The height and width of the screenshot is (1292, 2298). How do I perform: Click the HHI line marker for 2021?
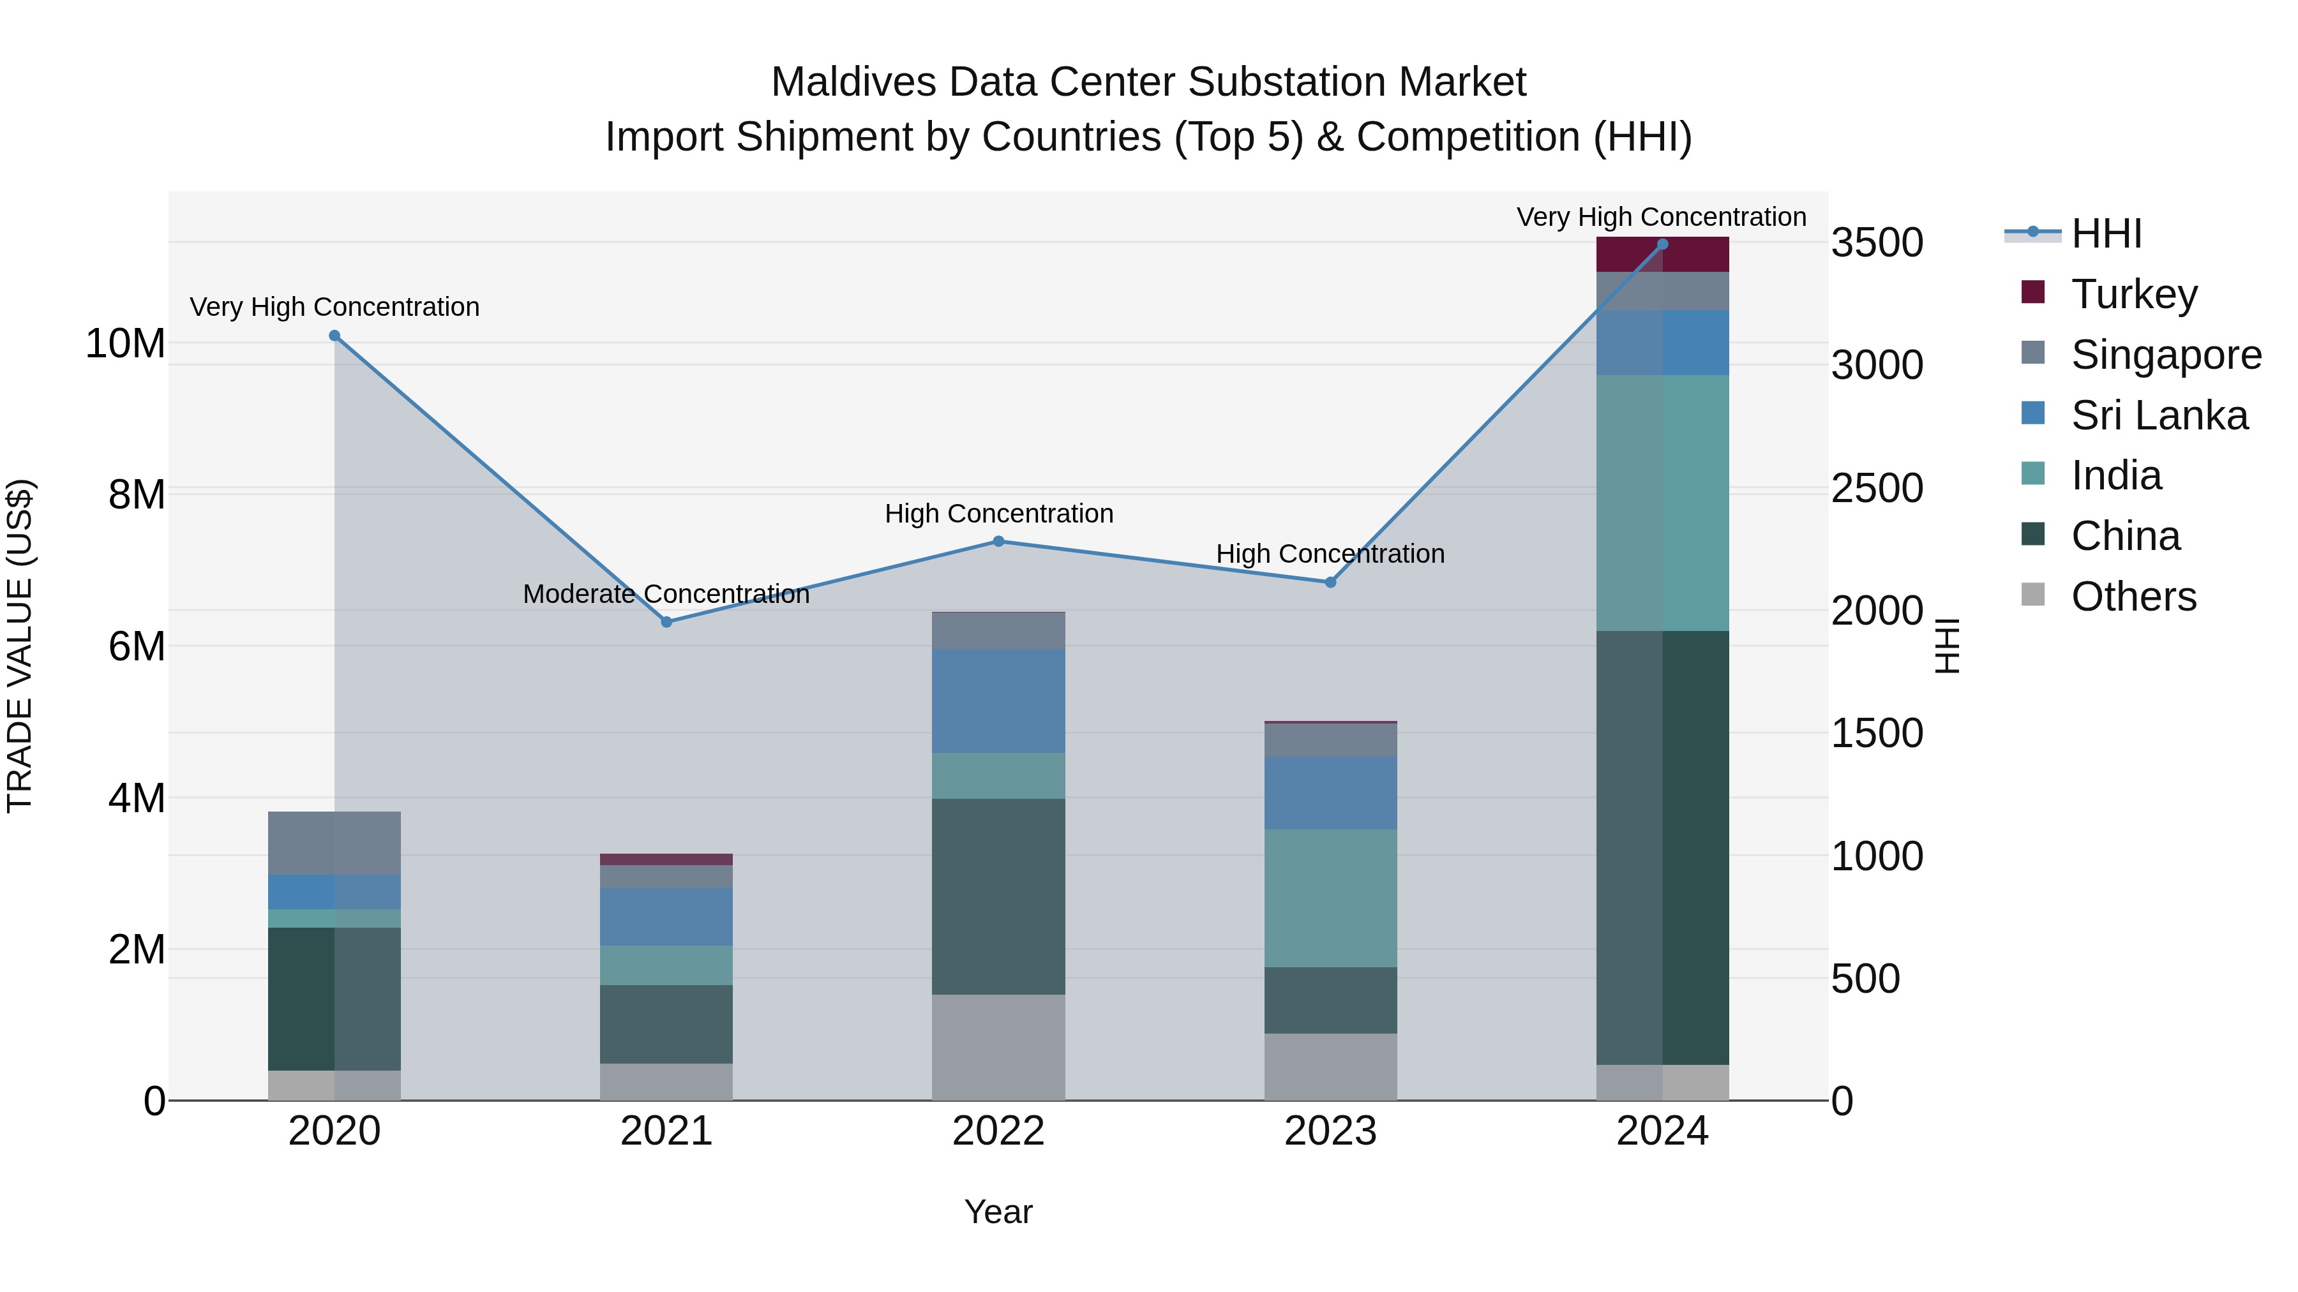click(666, 621)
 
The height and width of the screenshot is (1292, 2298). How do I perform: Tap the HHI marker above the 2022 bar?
click(998, 541)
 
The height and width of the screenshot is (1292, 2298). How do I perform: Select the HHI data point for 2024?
click(1662, 244)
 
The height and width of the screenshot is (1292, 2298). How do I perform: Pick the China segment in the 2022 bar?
click(998, 896)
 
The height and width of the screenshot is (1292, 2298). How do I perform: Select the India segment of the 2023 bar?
click(1330, 898)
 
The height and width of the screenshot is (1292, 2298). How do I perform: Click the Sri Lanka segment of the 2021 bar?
click(666, 916)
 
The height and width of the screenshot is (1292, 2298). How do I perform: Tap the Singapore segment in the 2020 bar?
click(334, 843)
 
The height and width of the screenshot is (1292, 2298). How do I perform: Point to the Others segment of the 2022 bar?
click(998, 1047)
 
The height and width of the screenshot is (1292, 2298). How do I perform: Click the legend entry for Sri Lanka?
click(2159, 415)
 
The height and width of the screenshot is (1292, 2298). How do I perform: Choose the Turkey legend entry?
click(2134, 294)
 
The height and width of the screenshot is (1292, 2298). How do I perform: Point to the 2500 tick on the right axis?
click(1877, 489)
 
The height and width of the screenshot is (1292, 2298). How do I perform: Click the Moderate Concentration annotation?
click(666, 594)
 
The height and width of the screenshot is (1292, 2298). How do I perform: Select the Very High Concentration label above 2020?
click(334, 307)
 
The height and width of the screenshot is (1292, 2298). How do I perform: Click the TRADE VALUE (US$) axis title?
click(20, 646)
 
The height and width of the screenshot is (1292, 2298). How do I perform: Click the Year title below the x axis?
click(998, 1212)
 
